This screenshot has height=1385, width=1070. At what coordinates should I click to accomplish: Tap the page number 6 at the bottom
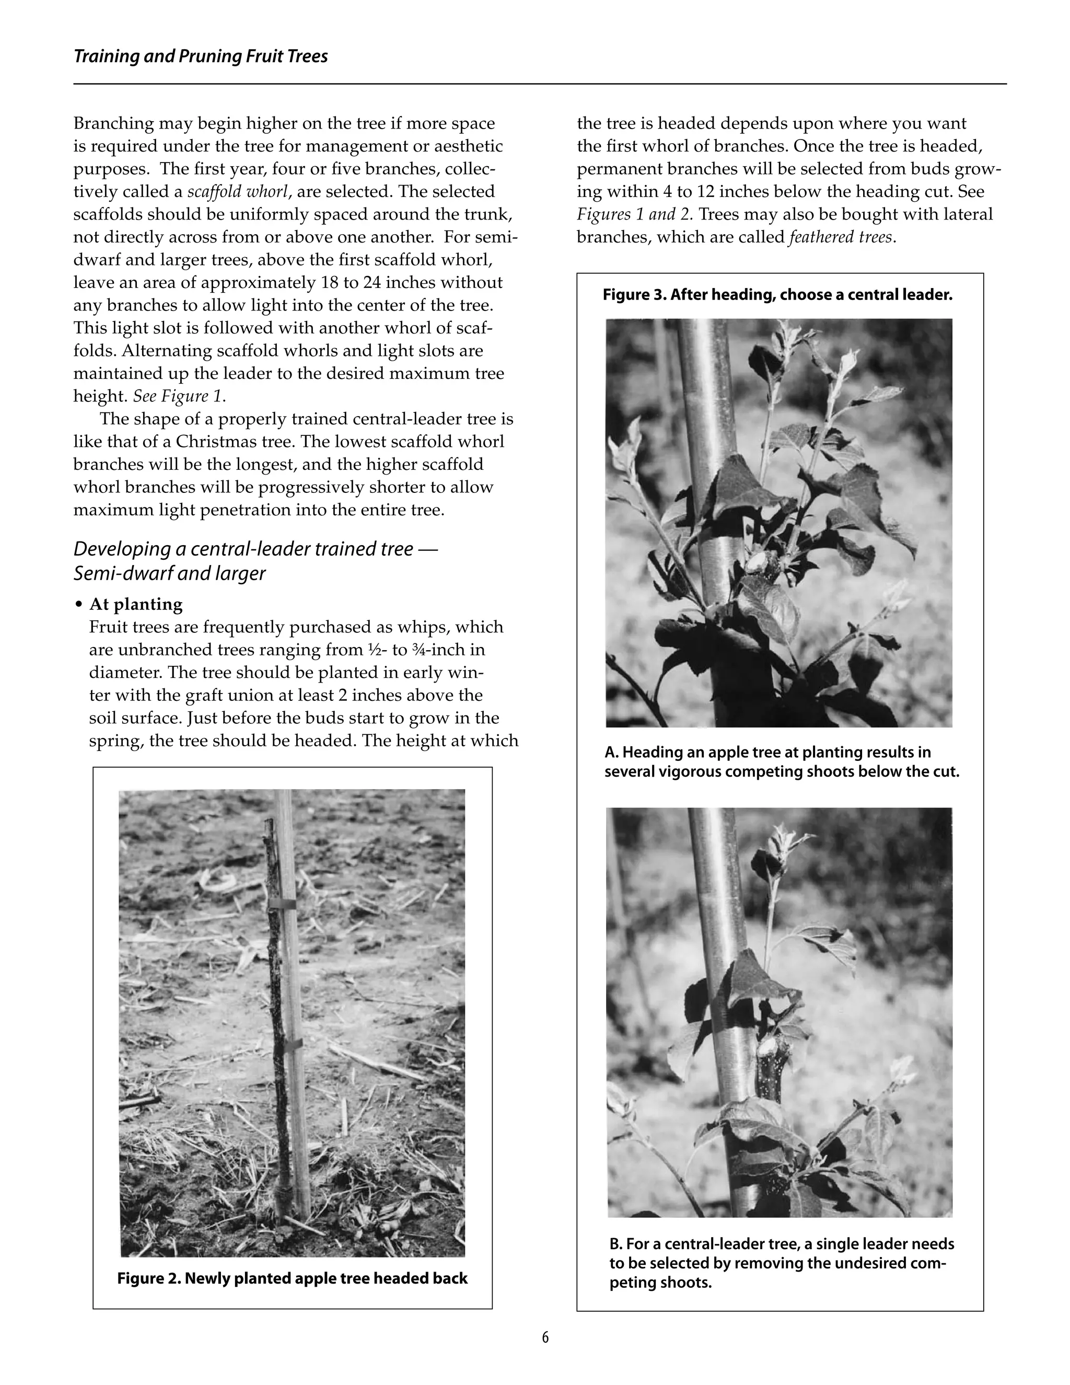click(x=545, y=1337)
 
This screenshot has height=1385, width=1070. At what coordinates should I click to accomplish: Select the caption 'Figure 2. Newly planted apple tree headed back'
click(x=292, y=1278)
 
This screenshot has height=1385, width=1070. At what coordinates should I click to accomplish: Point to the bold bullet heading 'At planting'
click(x=136, y=604)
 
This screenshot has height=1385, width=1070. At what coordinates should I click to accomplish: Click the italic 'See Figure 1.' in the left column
click(x=179, y=396)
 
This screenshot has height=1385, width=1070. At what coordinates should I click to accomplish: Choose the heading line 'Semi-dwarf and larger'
click(x=169, y=573)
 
